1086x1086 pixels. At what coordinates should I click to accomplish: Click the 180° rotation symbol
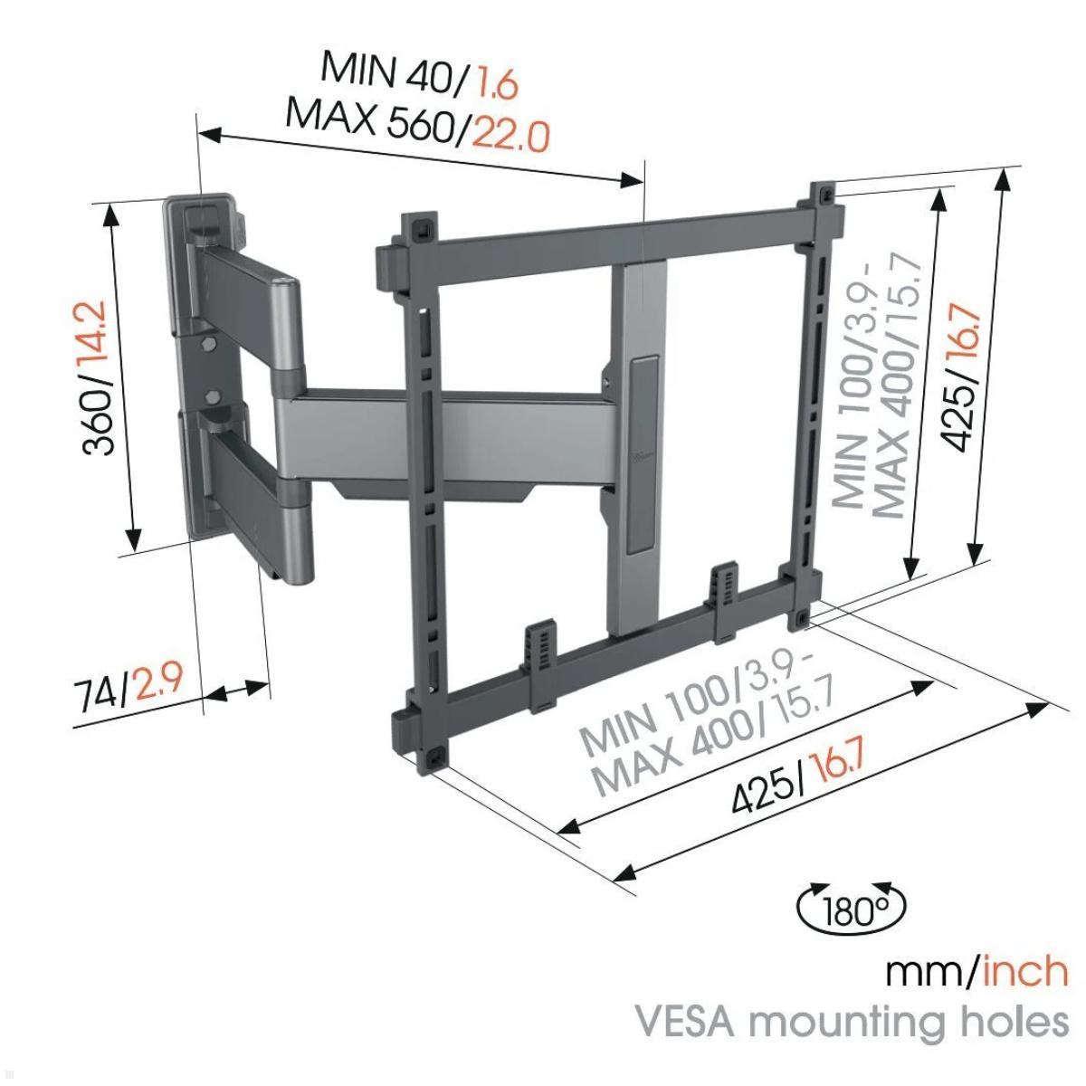(851, 908)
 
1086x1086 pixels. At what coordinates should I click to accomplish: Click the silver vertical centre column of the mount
(643, 452)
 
